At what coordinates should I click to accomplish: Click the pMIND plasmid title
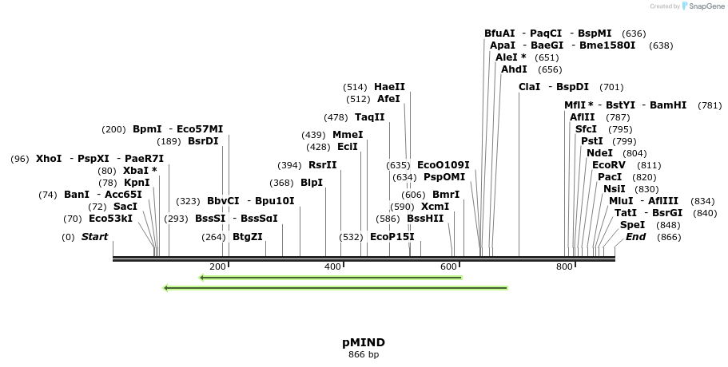[364, 342]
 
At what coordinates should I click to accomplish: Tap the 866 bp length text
[364, 354]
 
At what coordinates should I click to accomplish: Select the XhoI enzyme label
[48, 159]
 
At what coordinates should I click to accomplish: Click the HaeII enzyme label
[389, 87]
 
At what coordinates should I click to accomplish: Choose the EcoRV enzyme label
[609, 165]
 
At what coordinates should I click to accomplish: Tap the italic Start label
[94, 237]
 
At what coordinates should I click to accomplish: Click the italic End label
[635, 237]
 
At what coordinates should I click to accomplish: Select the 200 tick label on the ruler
[217, 266]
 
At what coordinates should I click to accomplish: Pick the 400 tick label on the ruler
[333, 266]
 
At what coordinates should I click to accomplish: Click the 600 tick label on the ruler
[449, 266]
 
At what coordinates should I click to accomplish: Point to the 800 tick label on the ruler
[565, 266]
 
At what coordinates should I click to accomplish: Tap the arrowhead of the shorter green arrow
[203, 278]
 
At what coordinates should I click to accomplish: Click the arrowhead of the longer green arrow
[166, 288]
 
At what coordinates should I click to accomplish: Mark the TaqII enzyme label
[369, 117]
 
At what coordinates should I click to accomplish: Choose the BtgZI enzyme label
[247, 237]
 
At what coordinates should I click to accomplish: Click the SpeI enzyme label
[632, 225]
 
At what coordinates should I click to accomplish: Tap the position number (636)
[634, 34]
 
